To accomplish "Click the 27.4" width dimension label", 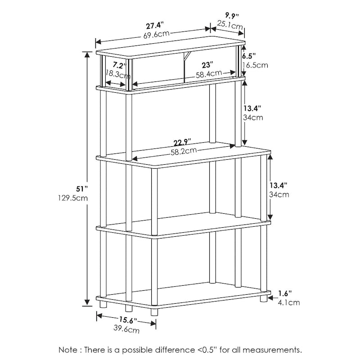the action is [155, 26].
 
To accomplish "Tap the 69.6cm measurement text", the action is [157, 35].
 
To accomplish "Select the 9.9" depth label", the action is [232, 16].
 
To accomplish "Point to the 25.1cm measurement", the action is [230, 25].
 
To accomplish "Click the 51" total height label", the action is [82, 189].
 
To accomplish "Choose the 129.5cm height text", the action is [73, 198].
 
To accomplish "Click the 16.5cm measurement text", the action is [255, 65].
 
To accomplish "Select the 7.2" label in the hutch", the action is [120, 66].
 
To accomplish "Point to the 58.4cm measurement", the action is [209, 74].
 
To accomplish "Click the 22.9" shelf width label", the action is [182, 142].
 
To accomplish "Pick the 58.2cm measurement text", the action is [184, 151].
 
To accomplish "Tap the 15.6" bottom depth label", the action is [128, 319].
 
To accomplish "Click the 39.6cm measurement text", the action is [126, 329].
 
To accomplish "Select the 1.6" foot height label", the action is [285, 293].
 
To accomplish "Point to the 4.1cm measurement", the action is [289, 302].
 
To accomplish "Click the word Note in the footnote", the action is [68, 350].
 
